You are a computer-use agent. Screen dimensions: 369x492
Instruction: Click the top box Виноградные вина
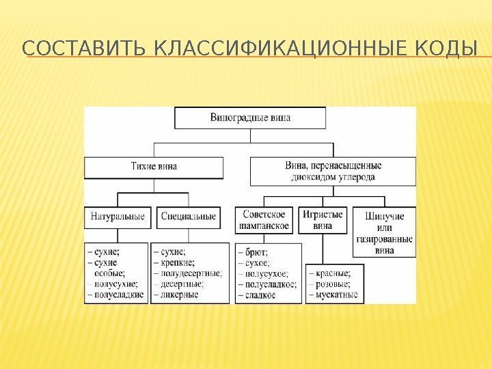click(250, 118)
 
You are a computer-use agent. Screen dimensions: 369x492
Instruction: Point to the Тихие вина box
click(154, 167)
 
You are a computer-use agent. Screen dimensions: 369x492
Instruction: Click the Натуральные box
click(118, 217)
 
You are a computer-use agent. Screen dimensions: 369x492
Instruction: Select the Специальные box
click(189, 217)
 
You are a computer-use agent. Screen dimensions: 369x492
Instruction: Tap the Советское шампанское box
click(264, 221)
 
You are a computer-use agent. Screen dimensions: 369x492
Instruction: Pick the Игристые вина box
click(323, 221)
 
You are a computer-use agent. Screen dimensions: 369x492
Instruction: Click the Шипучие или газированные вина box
click(384, 233)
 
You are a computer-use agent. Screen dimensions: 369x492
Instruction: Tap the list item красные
click(331, 273)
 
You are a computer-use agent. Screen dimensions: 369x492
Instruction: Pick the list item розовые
click(332, 284)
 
